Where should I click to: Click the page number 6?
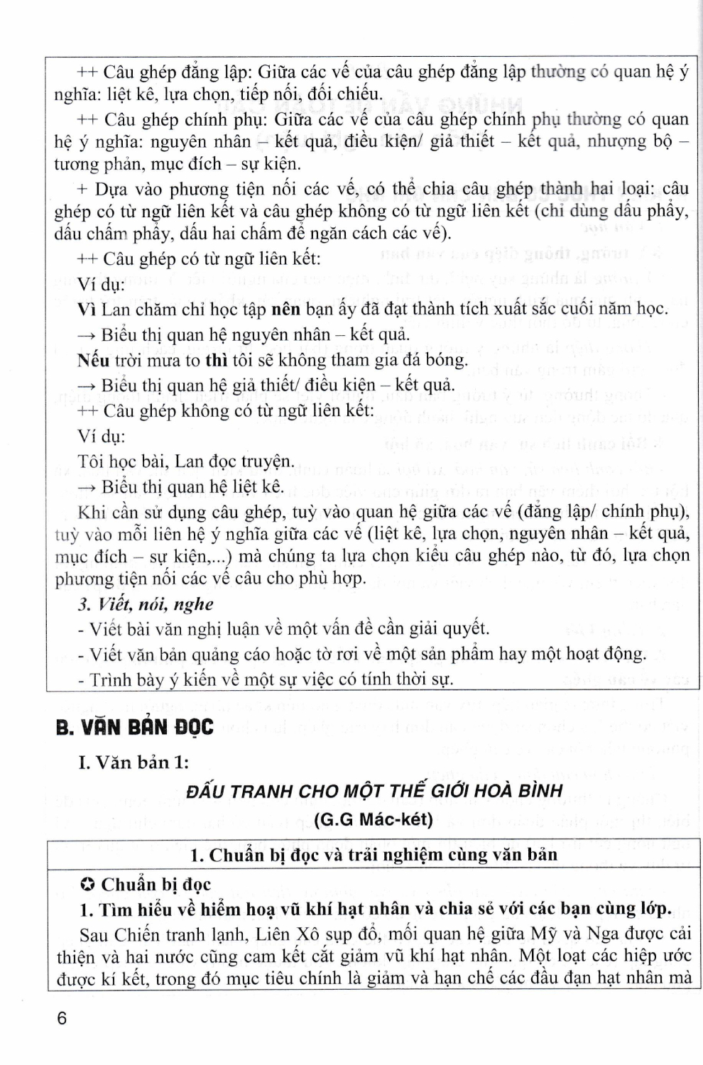(62, 1018)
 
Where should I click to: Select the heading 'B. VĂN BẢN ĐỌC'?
(134, 728)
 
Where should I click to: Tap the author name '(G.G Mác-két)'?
(373, 819)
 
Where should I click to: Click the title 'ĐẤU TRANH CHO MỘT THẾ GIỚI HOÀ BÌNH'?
(374, 791)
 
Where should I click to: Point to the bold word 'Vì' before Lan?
(86, 309)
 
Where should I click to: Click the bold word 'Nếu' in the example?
(93, 360)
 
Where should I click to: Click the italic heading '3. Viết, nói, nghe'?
(146, 604)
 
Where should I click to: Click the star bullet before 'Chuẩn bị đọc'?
(87, 885)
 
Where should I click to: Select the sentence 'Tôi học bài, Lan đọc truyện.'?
(185, 461)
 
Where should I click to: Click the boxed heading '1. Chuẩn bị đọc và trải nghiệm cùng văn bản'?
(374, 855)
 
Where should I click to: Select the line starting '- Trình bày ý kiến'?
(266, 679)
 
